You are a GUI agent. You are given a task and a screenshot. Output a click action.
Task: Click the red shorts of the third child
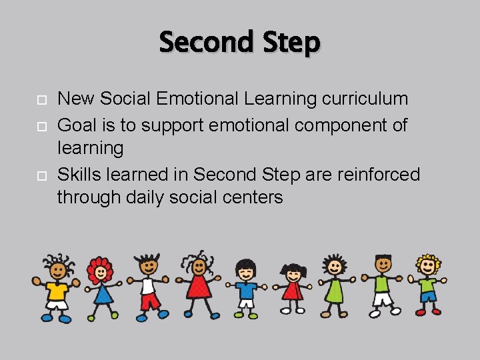pyautogui.click(x=149, y=301)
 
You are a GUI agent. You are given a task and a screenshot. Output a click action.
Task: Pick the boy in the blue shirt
pyautogui.click(x=245, y=288)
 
